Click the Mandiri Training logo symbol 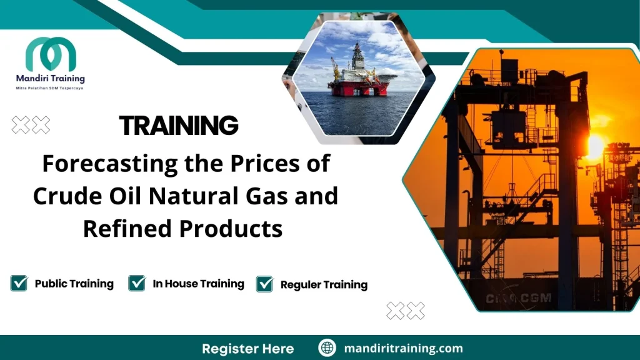point(51,54)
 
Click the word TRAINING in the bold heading point(179,126)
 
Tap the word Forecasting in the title point(102,164)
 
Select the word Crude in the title point(64,196)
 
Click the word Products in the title point(231,229)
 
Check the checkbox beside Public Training point(19,283)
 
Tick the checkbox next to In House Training point(137,283)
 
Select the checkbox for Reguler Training point(265,284)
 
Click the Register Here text point(247,348)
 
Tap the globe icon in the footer point(327,348)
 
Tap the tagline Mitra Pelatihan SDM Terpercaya point(49,89)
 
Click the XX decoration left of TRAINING point(31,125)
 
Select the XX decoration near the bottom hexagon point(406,310)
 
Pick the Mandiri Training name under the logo point(50,79)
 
